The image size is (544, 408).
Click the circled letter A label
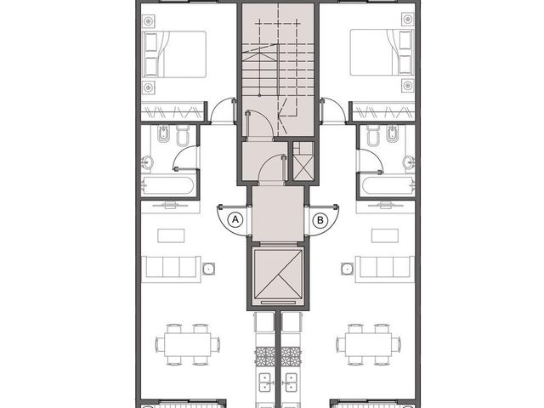pyautogui.click(x=235, y=219)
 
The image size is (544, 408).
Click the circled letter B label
pyautogui.click(x=320, y=220)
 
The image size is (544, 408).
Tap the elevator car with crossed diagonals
pyautogui.click(x=278, y=274)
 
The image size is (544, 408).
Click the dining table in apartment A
pyautogui.click(x=188, y=343)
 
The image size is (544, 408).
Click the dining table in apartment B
pyautogui.click(x=368, y=343)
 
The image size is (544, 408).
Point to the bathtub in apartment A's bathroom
pyautogui.click(x=167, y=185)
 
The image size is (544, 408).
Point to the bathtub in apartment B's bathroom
pyautogui.click(x=388, y=185)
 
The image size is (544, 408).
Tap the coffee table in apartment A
pyautogui.click(x=171, y=235)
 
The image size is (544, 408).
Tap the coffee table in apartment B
pyautogui.click(x=385, y=235)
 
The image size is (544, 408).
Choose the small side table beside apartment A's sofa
pyautogui.click(x=209, y=269)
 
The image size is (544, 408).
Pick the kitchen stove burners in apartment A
pyautogui.click(x=265, y=357)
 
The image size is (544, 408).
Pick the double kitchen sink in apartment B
pyautogui.click(x=291, y=382)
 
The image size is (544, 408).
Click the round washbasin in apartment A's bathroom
pyautogui.click(x=147, y=162)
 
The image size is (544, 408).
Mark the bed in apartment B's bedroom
pyautogui.click(x=382, y=53)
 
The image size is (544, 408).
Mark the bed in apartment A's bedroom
pyautogui.click(x=174, y=54)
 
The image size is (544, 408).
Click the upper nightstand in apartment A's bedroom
pyautogui.click(x=149, y=21)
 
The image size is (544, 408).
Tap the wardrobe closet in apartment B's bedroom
pyautogui.click(x=383, y=111)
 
